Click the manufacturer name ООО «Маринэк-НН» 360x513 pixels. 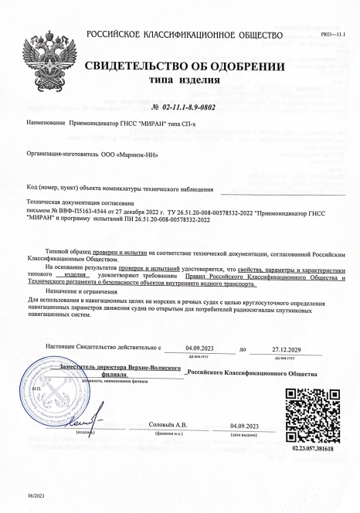click(132, 154)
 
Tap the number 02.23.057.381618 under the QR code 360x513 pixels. click(313, 448)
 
